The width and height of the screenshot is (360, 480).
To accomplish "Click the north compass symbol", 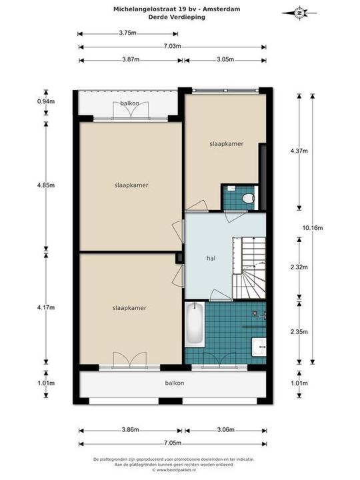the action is point(299,13).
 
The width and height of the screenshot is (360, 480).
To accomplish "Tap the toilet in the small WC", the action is point(247,199).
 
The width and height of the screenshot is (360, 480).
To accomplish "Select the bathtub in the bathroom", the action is point(195,325).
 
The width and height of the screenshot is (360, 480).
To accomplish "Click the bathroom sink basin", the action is point(259,347).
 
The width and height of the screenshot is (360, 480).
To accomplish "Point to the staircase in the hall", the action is point(249,267).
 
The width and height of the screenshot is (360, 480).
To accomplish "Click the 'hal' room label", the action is point(211,258).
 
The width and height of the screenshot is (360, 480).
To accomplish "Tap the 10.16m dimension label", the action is point(313,228).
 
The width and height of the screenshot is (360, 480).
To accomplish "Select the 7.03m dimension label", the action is point(172,46).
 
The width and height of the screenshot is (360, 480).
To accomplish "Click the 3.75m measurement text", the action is point(127,33).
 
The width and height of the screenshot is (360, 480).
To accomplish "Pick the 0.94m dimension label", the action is point(46,101).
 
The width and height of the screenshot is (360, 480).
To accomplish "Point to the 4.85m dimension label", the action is point(46,185).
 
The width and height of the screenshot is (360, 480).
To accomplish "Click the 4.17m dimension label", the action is point(46,307).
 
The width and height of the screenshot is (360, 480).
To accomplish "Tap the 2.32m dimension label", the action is point(299,267).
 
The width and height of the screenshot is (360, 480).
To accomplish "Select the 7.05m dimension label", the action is point(173,443).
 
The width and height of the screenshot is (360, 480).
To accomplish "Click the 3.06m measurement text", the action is point(225,430).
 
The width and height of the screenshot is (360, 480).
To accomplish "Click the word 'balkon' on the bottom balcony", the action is point(175,383).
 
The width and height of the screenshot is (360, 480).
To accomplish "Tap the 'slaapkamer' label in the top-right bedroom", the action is point(227,143).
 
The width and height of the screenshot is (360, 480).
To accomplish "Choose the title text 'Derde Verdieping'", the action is point(177,17).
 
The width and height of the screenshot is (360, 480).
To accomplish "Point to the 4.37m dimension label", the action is point(299,151).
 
